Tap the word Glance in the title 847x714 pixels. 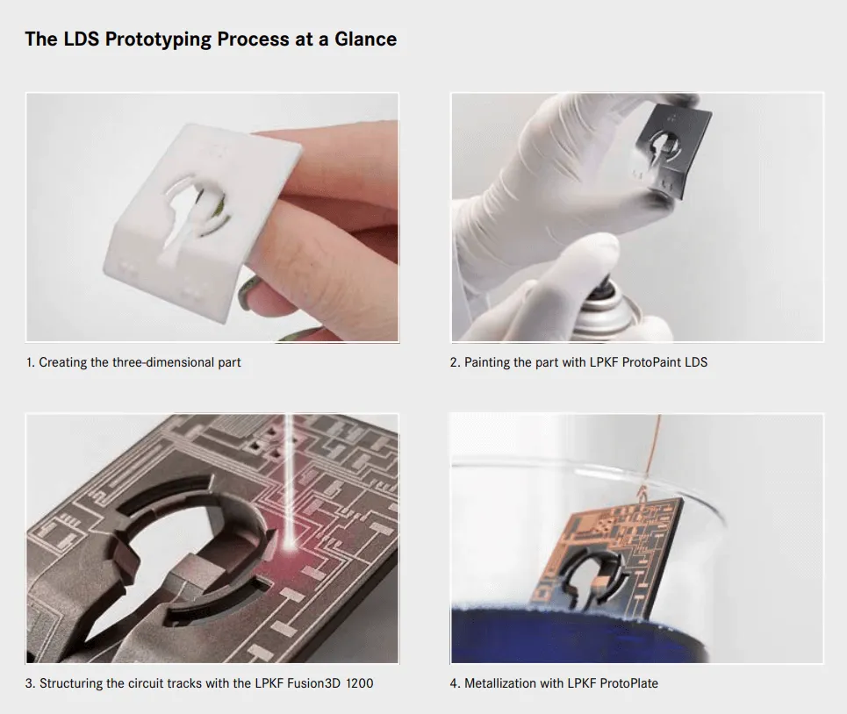(x=366, y=39)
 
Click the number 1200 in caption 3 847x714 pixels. (x=359, y=683)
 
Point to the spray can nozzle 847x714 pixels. (x=605, y=286)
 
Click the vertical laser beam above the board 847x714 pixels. (x=289, y=475)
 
